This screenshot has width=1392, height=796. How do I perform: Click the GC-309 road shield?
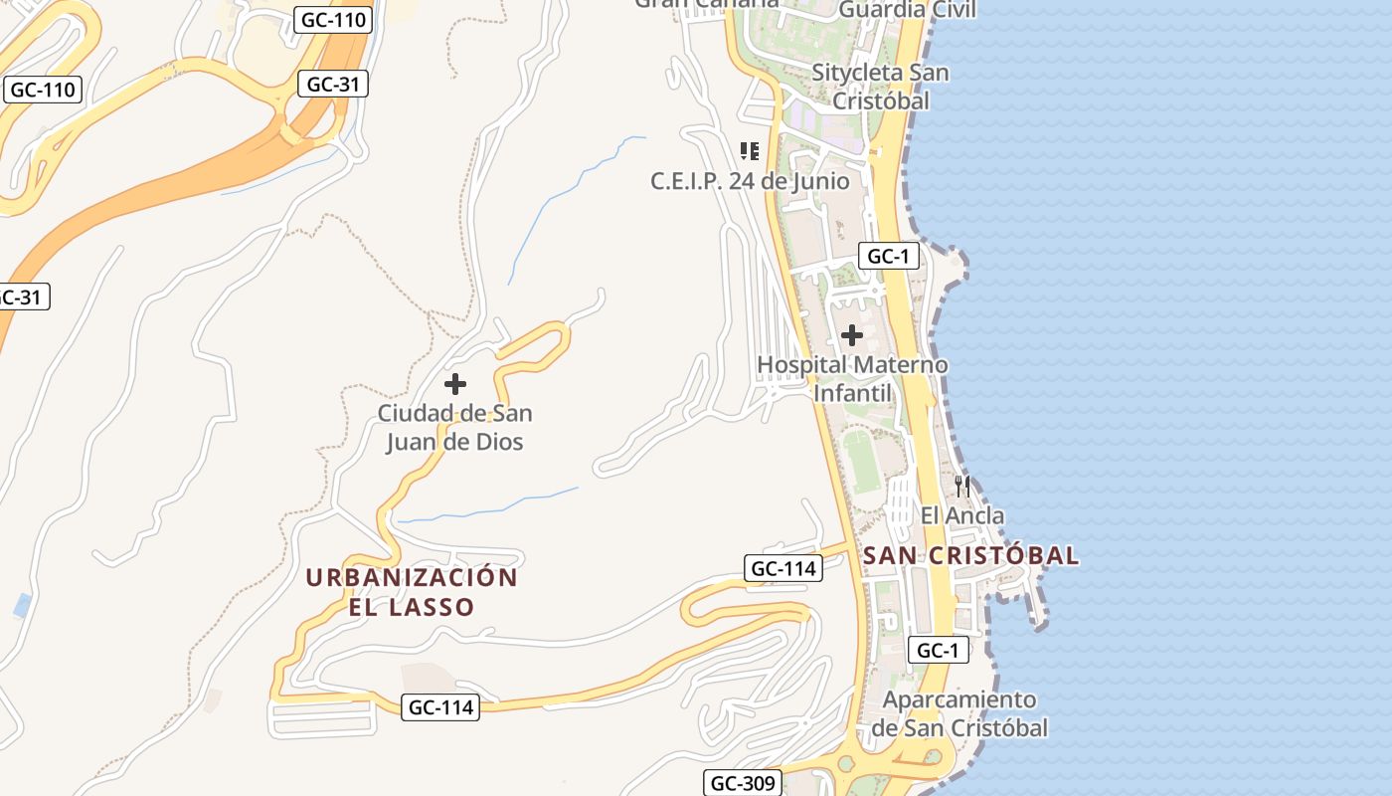(742, 783)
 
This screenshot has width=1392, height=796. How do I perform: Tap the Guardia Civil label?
(908, 10)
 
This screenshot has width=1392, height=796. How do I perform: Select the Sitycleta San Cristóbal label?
(880, 87)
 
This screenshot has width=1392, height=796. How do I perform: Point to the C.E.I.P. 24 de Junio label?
(750, 181)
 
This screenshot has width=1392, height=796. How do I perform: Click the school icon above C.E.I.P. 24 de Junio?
(750, 151)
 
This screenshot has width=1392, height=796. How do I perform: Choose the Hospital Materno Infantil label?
(852, 379)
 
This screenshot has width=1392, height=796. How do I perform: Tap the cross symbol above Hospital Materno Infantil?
(852, 335)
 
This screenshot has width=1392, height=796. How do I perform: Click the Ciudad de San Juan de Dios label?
(454, 427)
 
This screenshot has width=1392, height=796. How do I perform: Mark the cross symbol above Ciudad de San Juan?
(455, 384)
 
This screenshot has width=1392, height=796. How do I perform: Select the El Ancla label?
(961, 515)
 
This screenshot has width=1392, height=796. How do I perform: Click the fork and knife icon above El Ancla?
(961, 486)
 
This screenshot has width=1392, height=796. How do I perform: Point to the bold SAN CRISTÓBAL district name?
(970, 555)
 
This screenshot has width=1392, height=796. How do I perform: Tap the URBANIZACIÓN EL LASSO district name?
(412, 592)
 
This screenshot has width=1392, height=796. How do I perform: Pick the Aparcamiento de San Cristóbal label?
(959, 713)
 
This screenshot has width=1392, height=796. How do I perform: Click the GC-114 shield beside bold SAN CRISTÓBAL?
(783, 568)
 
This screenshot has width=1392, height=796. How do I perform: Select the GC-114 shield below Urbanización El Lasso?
(441, 707)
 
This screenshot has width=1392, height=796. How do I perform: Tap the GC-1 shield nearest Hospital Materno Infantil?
(888, 256)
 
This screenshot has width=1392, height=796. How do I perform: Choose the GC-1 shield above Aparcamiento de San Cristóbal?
(938, 651)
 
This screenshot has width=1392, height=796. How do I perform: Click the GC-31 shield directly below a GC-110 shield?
(332, 84)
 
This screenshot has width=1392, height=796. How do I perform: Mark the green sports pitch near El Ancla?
(863, 460)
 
